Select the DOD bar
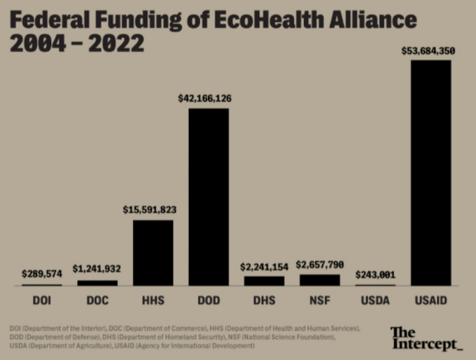pos(209,196)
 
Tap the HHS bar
pos(153,252)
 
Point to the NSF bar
pos(320,279)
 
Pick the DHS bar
pos(264,280)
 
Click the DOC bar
pos(97,282)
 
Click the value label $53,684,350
pos(429,50)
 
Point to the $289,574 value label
pos(41,274)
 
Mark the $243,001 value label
pos(375,275)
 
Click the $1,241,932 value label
pos(97,269)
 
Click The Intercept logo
pos(426,338)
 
